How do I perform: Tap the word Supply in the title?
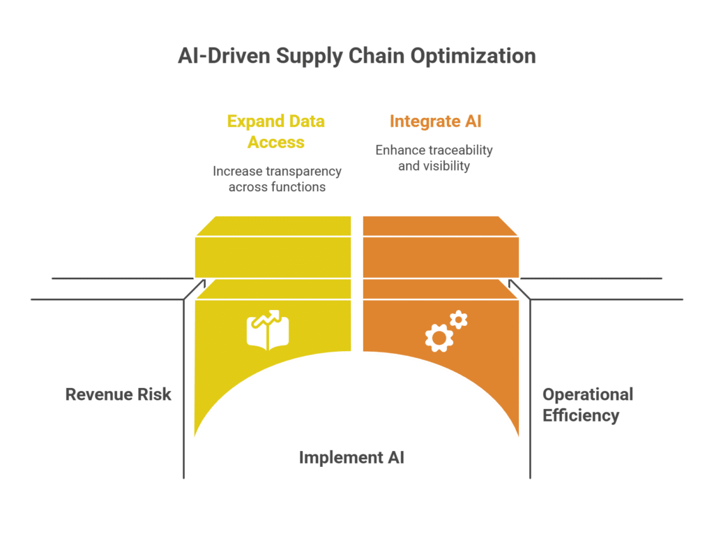(307, 57)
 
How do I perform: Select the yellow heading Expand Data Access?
(276, 132)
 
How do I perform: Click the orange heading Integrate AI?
(436, 121)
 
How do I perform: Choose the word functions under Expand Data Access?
(297, 188)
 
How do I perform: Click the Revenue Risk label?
(118, 394)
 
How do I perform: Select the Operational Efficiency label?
(587, 405)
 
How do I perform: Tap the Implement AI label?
(351, 458)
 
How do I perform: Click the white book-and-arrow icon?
(268, 329)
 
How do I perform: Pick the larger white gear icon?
(439, 338)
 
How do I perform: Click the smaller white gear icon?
(458, 320)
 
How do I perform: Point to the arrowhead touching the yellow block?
(204, 282)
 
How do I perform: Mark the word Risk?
(155, 394)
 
